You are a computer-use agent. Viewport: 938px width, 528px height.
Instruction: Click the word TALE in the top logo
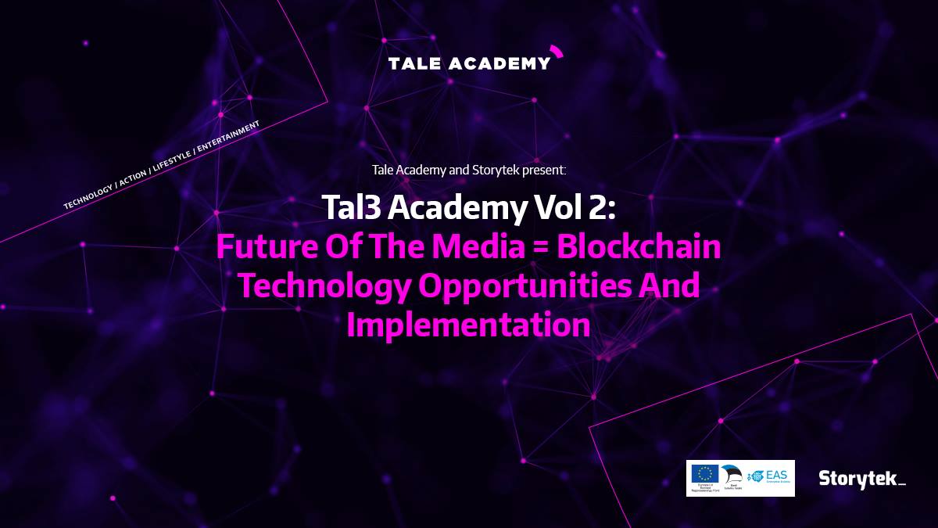[414, 63]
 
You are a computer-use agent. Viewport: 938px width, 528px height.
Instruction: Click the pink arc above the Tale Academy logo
[557, 51]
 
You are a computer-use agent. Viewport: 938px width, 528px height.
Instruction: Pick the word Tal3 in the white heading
[351, 208]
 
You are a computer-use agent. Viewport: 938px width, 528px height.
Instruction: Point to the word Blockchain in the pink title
[640, 247]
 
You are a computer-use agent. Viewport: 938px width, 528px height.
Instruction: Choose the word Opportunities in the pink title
[526, 286]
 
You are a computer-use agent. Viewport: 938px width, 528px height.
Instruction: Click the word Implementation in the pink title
[468, 325]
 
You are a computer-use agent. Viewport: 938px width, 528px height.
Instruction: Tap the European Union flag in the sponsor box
[704, 473]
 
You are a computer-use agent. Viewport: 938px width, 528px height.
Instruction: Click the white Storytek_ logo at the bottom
[861, 478]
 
